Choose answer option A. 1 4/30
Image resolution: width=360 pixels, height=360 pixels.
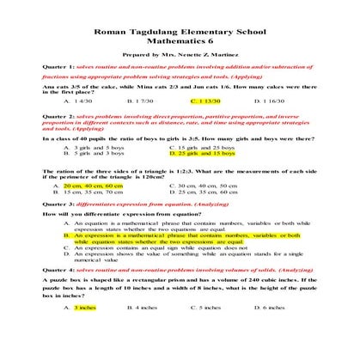click(x=76, y=101)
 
